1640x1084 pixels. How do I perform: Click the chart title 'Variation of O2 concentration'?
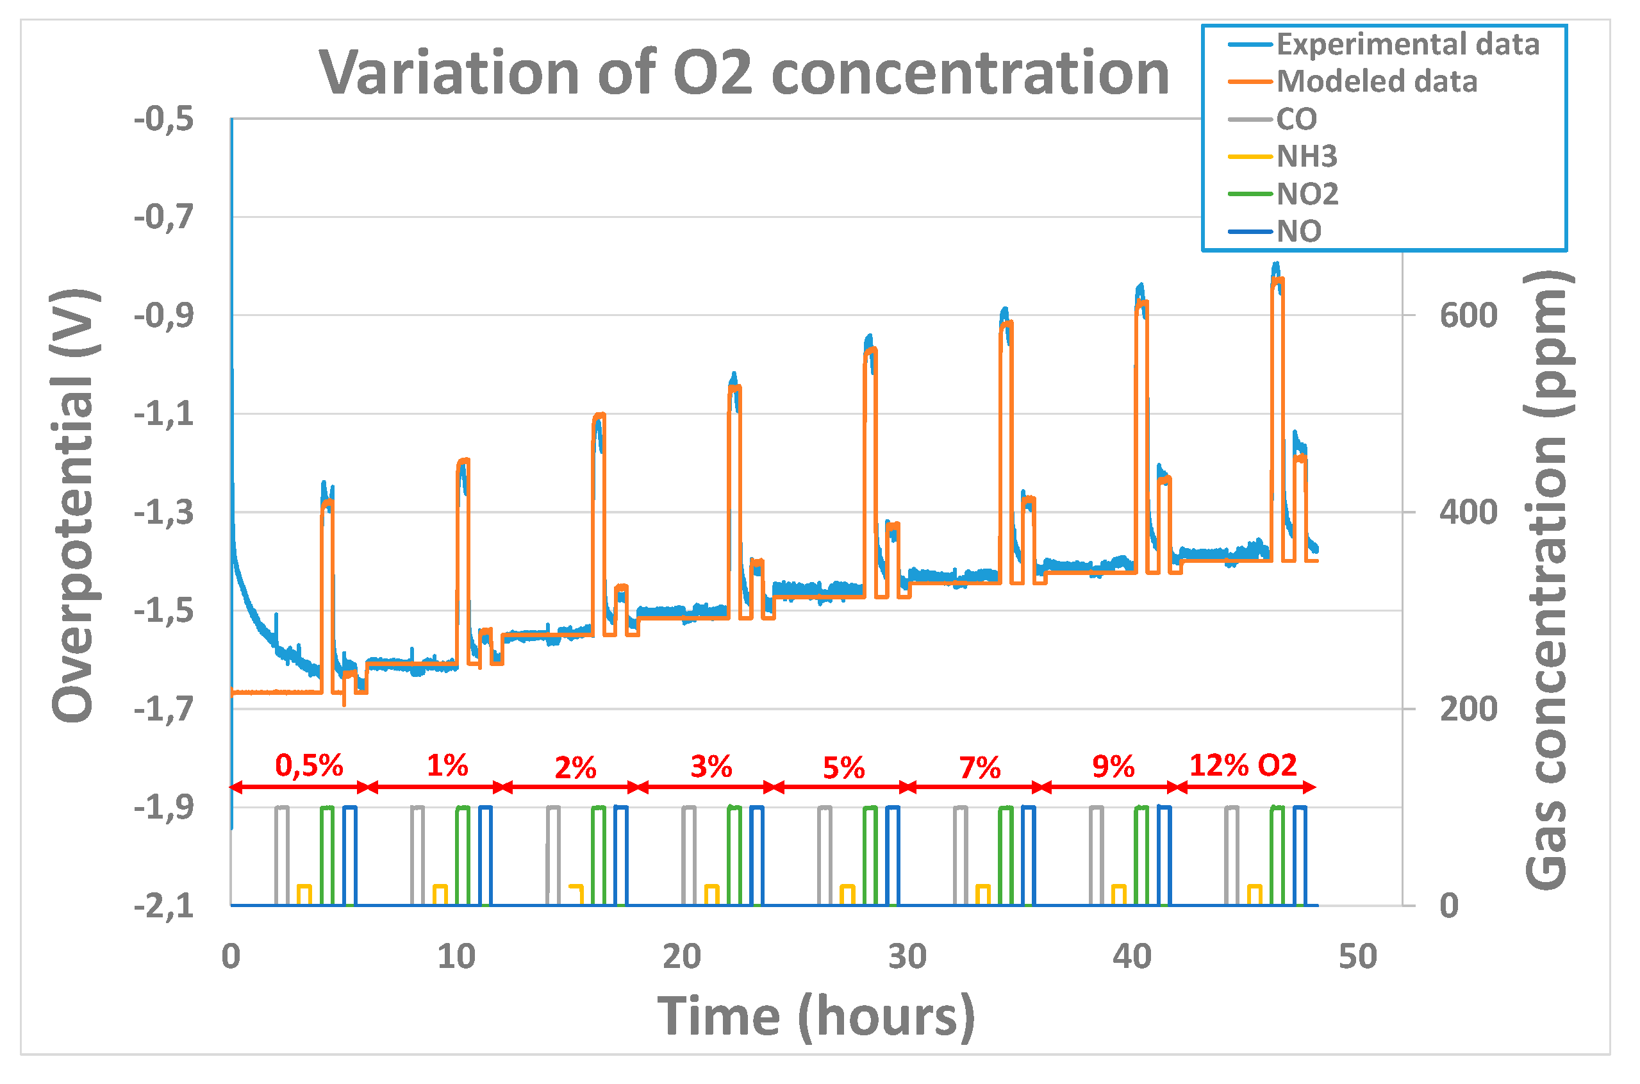[743, 74]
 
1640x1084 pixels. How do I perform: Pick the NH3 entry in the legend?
[1305, 157]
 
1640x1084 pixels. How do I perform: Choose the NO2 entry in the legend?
[1306, 194]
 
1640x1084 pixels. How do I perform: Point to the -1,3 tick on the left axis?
[165, 513]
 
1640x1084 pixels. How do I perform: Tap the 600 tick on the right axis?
[1467, 316]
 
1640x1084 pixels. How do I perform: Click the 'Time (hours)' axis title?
[815, 1017]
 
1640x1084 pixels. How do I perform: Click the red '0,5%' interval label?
[309, 766]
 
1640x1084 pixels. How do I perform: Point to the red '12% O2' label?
[1243, 766]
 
